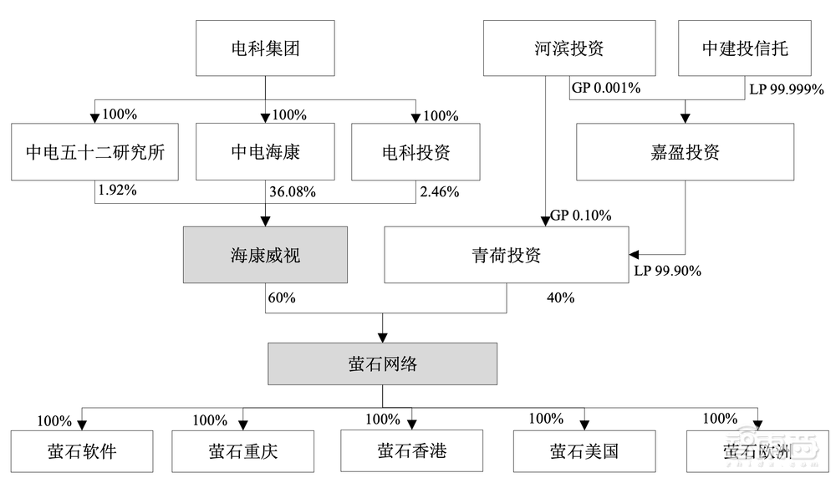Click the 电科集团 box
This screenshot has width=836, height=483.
pyautogui.click(x=265, y=48)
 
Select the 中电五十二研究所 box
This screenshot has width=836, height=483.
pyautogui.click(x=95, y=152)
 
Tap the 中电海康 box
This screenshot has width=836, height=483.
pyautogui.click(x=265, y=152)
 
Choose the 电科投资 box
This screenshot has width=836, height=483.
pyautogui.click(x=416, y=152)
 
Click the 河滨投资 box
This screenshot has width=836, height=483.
pyautogui.click(x=569, y=48)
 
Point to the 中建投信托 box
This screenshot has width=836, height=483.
pyautogui.click(x=744, y=48)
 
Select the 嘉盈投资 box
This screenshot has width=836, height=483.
pyautogui.click(x=685, y=152)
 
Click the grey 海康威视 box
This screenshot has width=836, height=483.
pyautogui.click(x=265, y=255)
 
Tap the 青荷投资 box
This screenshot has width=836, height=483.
pyautogui.click(x=506, y=255)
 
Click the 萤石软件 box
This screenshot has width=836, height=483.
pyautogui.click(x=82, y=451)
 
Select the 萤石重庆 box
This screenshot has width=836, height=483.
pyautogui.click(x=243, y=451)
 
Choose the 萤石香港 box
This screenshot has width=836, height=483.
pyautogui.click(x=411, y=451)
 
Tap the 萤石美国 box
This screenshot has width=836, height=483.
pyautogui.click(x=584, y=451)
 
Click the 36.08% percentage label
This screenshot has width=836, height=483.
pyautogui.click(x=292, y=192)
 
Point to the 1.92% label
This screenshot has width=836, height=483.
pyautogui.click(x=117, y=191)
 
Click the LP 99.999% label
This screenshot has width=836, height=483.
pyautogui.click(x=787, y=89)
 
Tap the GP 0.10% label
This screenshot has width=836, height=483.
pyautogui.click(x=580, y=216)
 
